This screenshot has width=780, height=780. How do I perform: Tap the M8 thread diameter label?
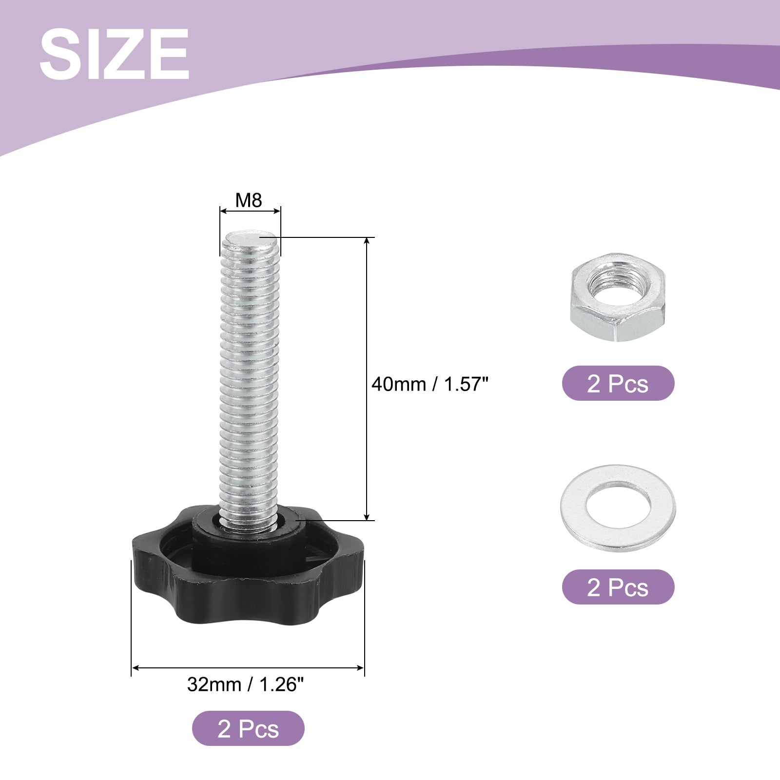click(249, 200)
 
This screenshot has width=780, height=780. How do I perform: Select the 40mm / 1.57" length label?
click(429, 384)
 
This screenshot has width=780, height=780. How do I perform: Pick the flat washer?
click(618, 508)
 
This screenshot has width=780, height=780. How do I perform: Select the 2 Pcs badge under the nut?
click(618, 383)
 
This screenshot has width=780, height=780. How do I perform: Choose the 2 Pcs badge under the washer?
click(618, 587)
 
